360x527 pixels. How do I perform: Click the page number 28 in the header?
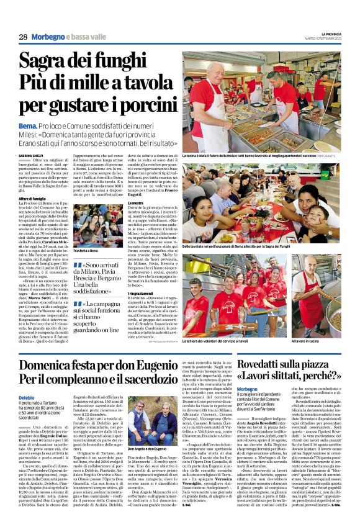23,37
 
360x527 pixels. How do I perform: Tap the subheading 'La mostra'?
135,203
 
